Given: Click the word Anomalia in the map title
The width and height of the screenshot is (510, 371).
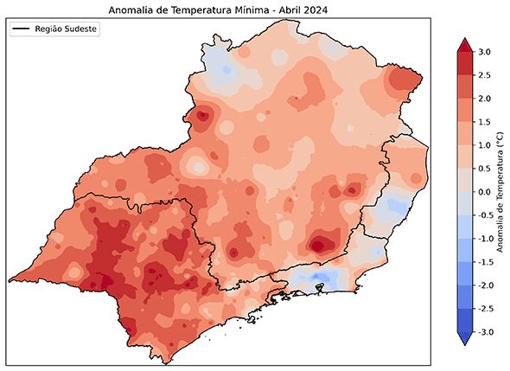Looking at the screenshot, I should tap(133, 10).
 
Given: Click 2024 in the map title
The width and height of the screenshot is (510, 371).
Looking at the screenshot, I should tap(318, 10).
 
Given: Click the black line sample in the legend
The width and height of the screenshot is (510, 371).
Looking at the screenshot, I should tap(22, 29).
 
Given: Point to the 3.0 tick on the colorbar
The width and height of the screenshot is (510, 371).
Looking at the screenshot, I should tap(481, 52).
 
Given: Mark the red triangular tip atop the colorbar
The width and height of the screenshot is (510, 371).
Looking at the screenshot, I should tap(463, 45).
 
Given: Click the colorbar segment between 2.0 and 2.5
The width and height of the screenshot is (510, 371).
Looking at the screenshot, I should tap(463, 86).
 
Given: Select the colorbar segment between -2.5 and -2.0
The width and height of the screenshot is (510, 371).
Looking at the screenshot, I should tap(463, 297).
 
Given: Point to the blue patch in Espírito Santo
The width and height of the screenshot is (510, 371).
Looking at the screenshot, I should tap(394, 206).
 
